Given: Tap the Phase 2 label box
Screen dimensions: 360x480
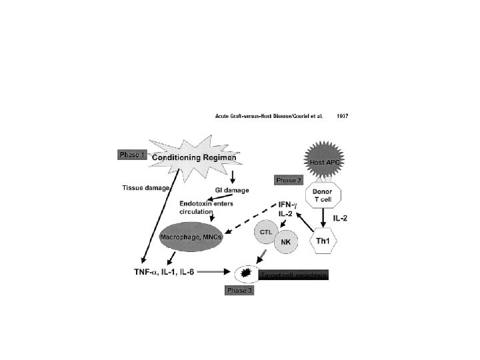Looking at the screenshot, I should tap(289, 180).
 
